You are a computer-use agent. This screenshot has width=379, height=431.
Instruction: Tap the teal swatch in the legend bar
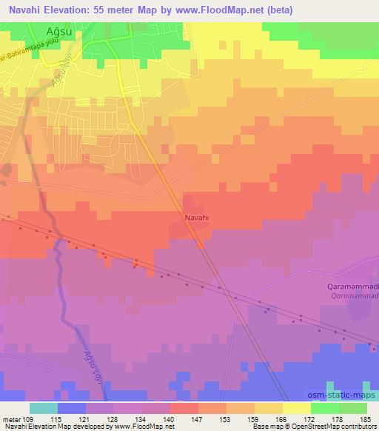click(x=44, y=408)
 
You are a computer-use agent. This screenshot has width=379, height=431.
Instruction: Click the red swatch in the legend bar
click(x=184, y=408)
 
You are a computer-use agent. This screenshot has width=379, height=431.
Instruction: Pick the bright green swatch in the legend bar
click(x=325, y=408)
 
